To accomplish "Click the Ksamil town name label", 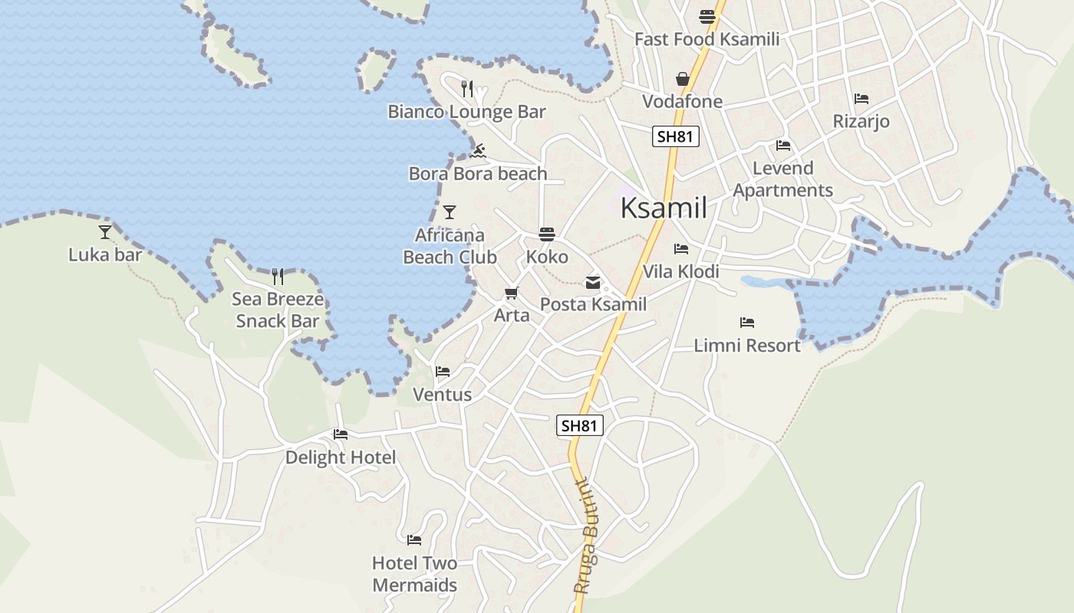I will [x=663, y=208].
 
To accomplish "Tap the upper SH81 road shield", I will [x=676, y=137].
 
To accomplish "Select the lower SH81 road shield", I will [x=580, y=426].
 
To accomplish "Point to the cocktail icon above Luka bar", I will [x=105, y=231].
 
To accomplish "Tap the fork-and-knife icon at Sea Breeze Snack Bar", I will [x=278, y=276].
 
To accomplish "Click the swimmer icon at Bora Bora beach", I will [x=478, y=151].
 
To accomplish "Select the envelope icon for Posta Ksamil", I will [x=593, y=283].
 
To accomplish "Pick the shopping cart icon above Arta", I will [x=511, y=293].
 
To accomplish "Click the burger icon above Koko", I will [x=547, y=234].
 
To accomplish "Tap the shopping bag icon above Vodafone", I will [x=682, y=79].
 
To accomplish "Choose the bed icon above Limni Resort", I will [x=747, y=323].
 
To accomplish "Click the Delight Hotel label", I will [x=341, y=457].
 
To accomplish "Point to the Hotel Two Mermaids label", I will [x=414, y=574].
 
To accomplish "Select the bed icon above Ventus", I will [x=443, y=372].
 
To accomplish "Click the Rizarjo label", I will [x=861, y=121].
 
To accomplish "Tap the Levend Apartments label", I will [x=782, y=179].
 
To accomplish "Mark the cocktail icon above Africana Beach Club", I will [x=450, y=212].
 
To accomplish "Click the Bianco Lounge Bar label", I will [x=466, y=112].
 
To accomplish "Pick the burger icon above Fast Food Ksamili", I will [x=707, y=17].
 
